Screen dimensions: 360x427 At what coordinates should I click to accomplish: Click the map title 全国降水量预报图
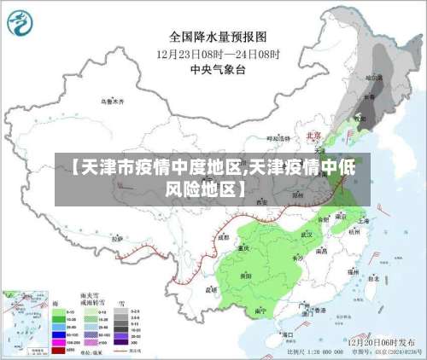click(x=218, y=37)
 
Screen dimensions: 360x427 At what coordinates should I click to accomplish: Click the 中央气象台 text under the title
click(x=218, y=68)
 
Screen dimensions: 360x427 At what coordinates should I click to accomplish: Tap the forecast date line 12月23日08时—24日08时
click(x=218, y=53)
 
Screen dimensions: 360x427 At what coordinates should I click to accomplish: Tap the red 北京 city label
click(x=313, y=136)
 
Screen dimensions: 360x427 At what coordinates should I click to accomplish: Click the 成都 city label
click(x=224, y=238)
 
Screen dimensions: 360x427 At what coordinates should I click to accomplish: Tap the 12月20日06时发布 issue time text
click(x=382, y=340)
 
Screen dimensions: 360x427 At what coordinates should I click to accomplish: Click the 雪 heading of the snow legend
click(x=122, y=304)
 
